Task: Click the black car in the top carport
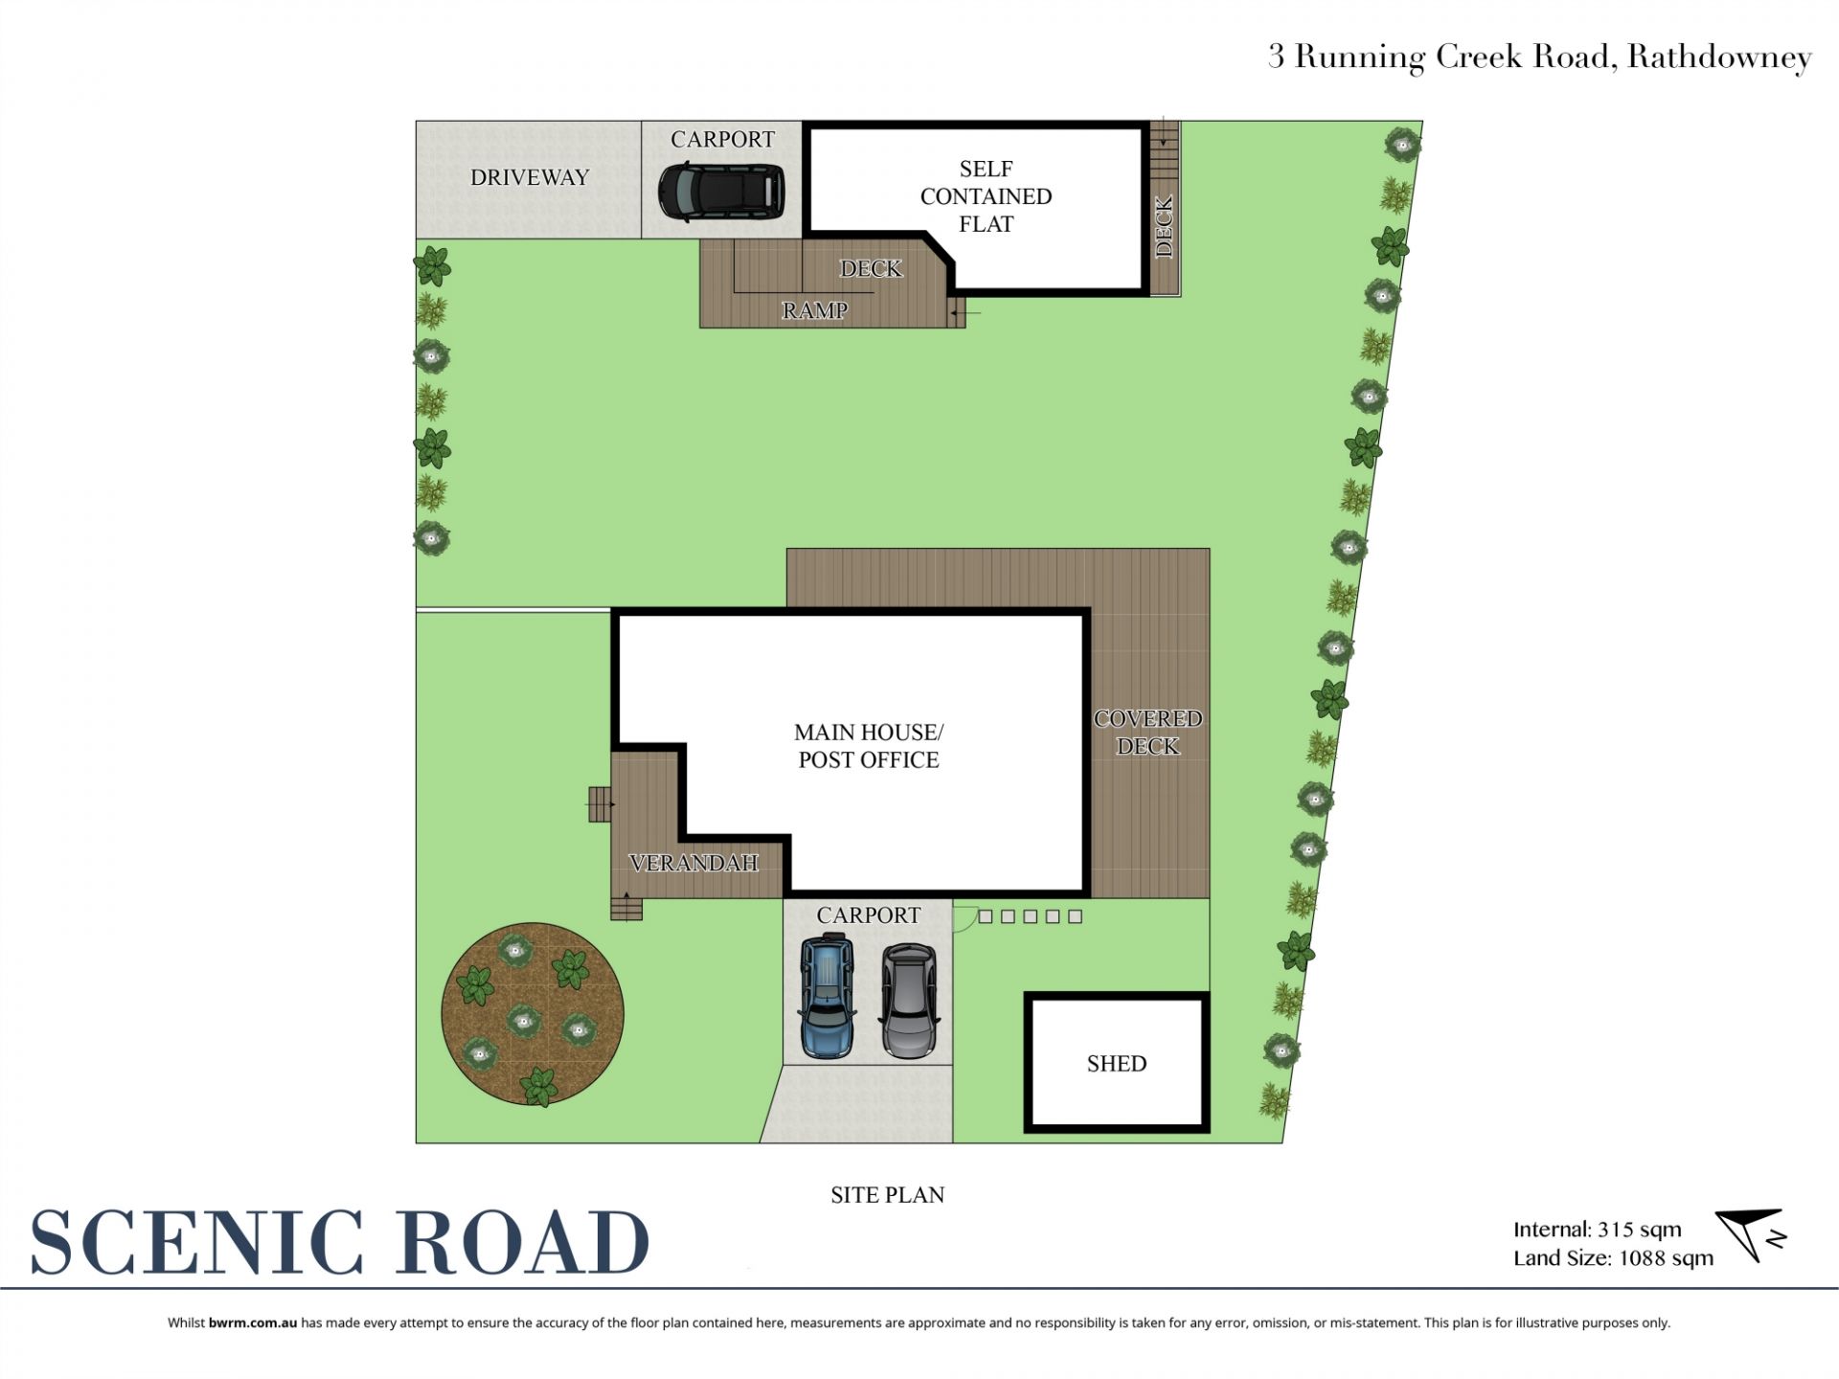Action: (x=721, y=192)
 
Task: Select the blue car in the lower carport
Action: (x=827, y=996)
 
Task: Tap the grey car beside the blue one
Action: (x=910, y=1001)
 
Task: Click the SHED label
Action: (x=1117, y=1064)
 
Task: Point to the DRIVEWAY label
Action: (x=530, y=177)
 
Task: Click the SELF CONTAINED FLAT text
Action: (x=987, y=196)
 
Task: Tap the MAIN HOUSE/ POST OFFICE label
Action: (x=869, y=746)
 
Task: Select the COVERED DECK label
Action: (x=1148, y=733)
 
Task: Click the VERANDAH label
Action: (x=694, y=863)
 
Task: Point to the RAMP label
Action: (x=815, y=310)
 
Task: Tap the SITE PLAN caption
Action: (x=887, y=1195)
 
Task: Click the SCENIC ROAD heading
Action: (x=340, y=1242)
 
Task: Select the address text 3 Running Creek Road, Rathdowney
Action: (x=1540, y=57)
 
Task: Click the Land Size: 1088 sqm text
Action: (x=1613, y=1258)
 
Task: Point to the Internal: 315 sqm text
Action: (x=1597, y=1230)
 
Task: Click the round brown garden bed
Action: (x=533, y=1013)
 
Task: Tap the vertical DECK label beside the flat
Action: (x=1165, y=227)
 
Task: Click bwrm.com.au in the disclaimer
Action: (x=253, y=1322)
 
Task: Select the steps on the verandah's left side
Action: (x=601, y=804)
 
